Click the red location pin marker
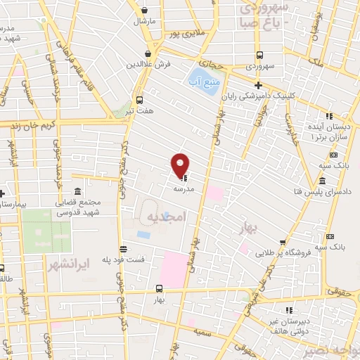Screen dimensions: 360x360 (x=181, y=166)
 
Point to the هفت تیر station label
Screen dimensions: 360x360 (x=139, y=111)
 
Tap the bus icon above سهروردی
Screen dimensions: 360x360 (x=259, y=55)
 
